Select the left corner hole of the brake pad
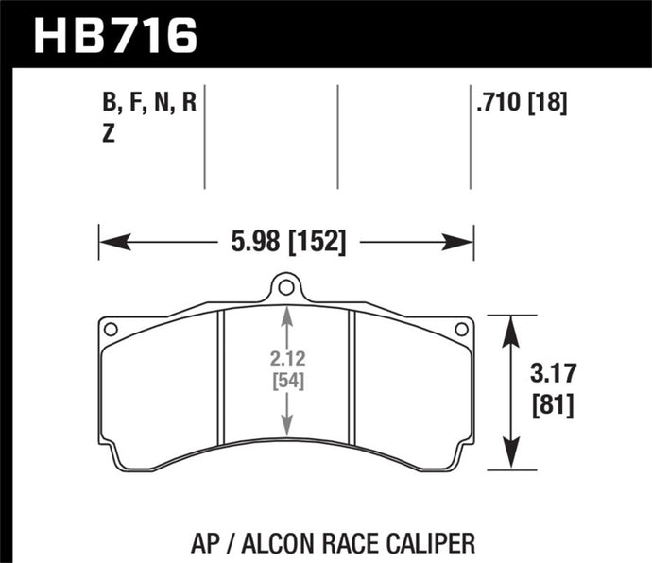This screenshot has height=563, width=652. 111,330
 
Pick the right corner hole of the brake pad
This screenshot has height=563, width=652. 461,330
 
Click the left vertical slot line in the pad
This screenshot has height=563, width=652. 220,378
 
